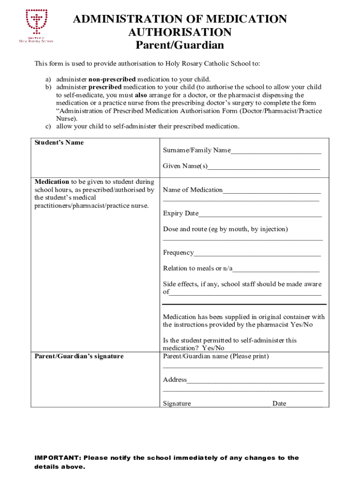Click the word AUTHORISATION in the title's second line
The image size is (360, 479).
(x=180, y=32)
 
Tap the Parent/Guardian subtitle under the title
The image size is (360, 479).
(x=180, y=45)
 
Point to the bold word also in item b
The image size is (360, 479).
(x=141, y=95)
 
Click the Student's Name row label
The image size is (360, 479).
(x=59, y=143)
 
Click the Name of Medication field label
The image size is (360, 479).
(x=193, y=190)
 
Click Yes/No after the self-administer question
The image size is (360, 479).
(x=213, y=348)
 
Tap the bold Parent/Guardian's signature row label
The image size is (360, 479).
(x=79, y=356)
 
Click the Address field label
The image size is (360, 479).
(x=175, y=380)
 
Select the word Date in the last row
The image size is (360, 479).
(x=279, y=404)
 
